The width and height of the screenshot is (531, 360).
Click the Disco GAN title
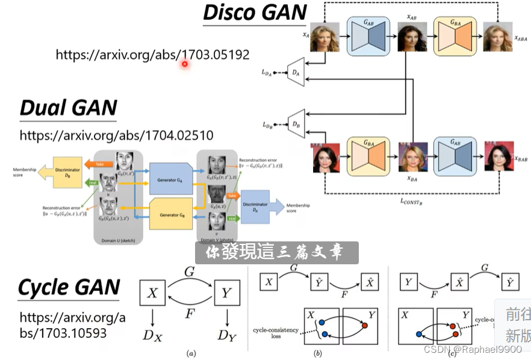[x=255, y=13]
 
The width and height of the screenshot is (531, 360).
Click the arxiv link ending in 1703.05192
[x=152, y=55]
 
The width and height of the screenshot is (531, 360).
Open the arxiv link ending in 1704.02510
[x=116, y=135]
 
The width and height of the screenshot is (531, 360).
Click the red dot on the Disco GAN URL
[x=185, y=64]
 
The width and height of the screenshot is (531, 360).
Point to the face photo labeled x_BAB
[x=498, y=157]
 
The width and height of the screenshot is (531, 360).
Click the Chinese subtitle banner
[x=276, y=253]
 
